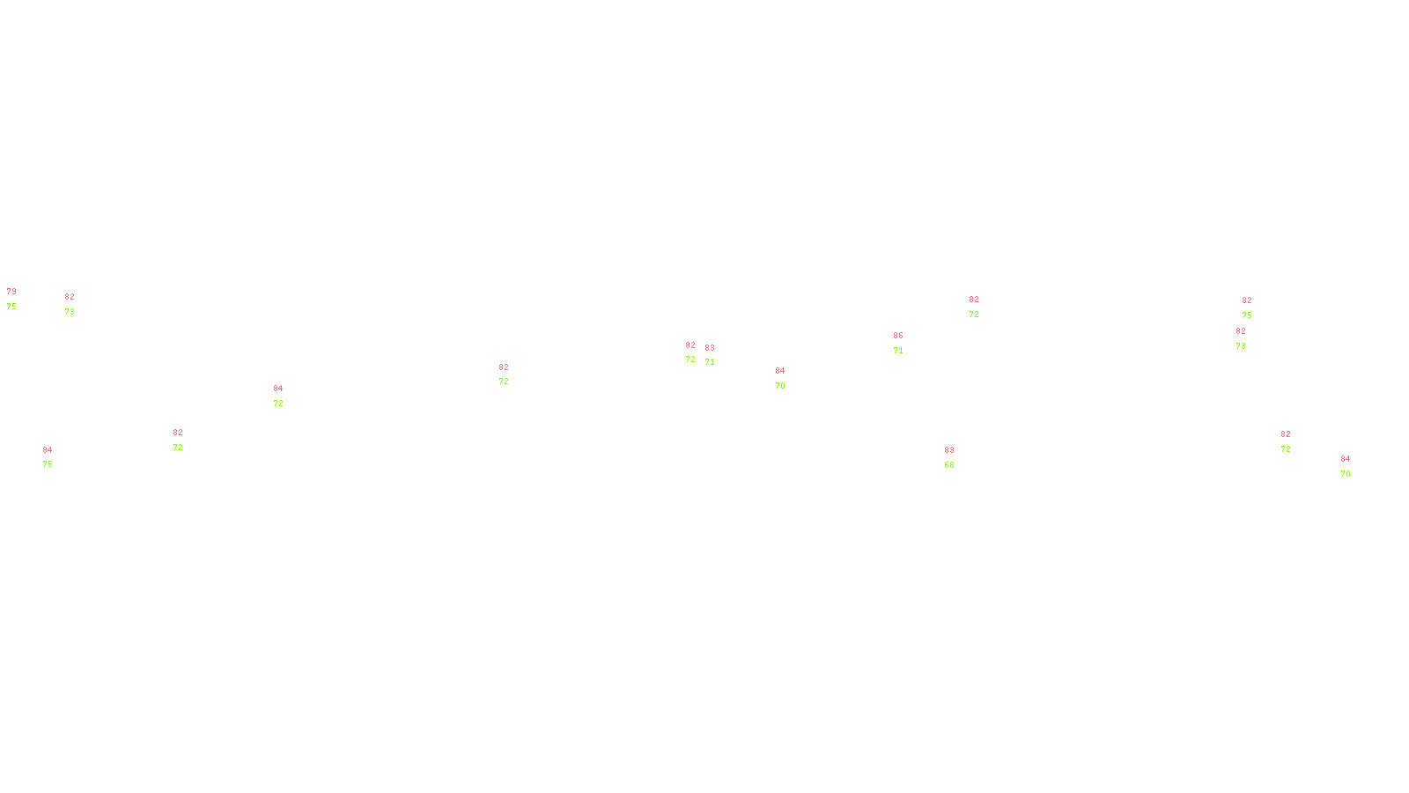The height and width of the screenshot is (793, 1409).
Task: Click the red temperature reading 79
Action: tap(11, 292)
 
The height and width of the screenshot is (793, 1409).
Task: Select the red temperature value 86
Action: tap(898, 336)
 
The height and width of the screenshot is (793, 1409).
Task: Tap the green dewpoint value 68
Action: tap(949, 465)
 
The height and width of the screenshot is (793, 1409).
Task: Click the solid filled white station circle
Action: tap(957, 458)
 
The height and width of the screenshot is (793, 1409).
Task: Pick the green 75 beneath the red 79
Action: tap(11, 307)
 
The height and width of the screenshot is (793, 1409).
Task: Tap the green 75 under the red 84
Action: tap(48, 464)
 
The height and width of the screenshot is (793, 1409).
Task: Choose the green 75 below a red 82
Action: tap(1247, 315)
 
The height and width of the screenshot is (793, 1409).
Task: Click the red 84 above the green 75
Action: tap(48, 450)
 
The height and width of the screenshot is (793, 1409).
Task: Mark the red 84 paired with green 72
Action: tap(278, 389)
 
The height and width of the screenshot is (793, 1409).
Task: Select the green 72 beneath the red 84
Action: tap(278, 404)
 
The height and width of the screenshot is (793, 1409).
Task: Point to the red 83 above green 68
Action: tap(949, 450)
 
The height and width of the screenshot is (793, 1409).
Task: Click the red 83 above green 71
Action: tap(710, 348)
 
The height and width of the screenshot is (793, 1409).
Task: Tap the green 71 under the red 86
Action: tap(898, 351)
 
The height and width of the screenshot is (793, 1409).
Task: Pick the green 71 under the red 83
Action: tap(710, 362)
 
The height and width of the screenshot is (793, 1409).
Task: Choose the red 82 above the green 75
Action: tap(1247, 300)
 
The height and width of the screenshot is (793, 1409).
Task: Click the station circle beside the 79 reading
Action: tap(20, 300)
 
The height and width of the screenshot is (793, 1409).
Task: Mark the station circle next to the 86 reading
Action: tap(907, 344)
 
